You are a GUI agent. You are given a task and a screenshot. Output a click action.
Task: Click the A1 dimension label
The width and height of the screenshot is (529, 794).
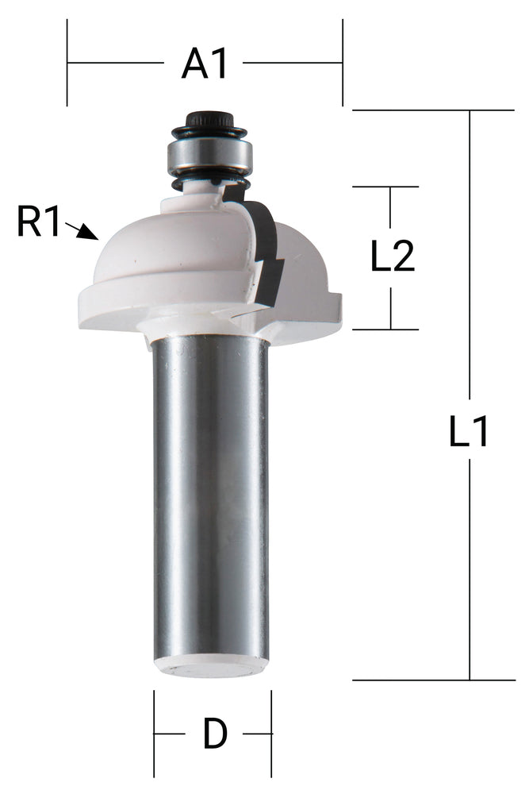tap(205, 63)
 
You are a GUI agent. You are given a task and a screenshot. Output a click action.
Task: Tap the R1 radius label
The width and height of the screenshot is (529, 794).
tap(39, 223)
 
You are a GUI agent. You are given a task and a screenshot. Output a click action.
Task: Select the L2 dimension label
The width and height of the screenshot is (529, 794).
tap(393, 257)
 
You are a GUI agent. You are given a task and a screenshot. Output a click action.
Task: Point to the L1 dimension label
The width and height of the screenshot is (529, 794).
tap(470, 434)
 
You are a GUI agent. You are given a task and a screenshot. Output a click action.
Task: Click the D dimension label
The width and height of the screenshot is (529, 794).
tap(214, 734)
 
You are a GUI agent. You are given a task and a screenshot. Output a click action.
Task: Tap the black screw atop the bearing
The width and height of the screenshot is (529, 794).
tap(209, 121)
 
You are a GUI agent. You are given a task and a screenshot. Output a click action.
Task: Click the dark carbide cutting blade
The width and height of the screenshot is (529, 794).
tap(266, 246)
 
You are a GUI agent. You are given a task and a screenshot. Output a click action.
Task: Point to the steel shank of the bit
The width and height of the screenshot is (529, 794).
tap(210, 492)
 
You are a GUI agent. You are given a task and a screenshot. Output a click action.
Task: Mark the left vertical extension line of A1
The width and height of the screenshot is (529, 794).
tap(67, 63)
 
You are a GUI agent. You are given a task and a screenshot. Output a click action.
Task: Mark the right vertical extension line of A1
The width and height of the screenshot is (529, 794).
tap(343, 63)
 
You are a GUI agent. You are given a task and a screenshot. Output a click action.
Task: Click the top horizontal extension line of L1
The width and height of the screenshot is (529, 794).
tap(432, 110)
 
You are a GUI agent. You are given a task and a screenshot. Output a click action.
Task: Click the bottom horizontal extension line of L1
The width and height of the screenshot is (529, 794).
tap(432, 680)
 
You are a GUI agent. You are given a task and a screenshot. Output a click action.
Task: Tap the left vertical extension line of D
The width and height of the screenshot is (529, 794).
tap(154, 734)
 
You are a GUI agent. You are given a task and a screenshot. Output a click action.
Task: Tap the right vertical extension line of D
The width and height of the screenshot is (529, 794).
tap(271, 734)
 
